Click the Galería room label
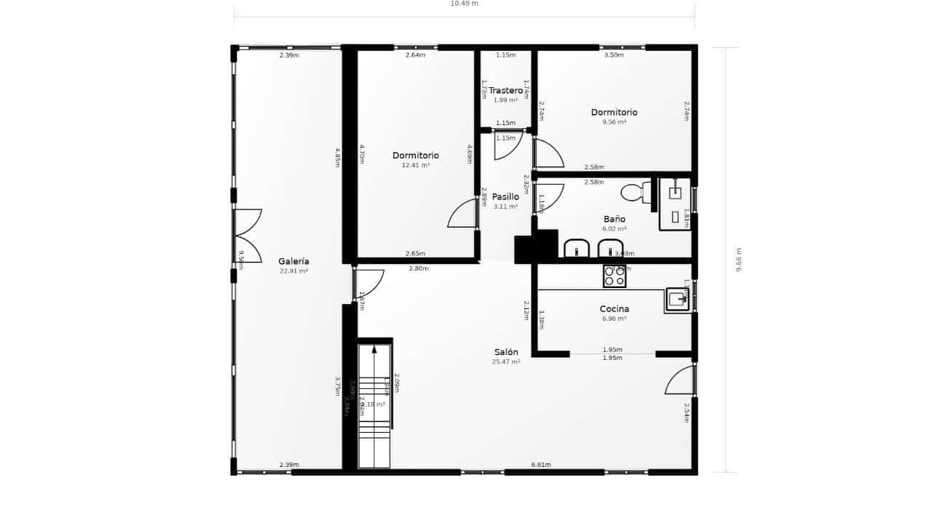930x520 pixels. (294, 261)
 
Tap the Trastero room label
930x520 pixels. (505, 91)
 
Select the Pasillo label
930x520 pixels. (505, 196)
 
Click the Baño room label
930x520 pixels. (614, 219)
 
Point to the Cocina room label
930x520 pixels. (614, 309)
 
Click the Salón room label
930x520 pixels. (506, 352)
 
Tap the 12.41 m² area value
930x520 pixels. (415, 165)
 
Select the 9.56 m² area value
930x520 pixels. (614, 122)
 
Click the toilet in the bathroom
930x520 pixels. (634, 193)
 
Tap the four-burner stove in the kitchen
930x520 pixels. (614, 276)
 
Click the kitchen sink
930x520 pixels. (678, 299)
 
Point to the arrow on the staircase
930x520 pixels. (374, 350)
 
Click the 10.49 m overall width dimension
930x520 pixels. (464, 4)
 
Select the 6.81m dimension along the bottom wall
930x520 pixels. (541, 465)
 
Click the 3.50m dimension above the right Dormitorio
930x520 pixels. (614, 55)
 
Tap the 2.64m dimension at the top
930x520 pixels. (415, 55)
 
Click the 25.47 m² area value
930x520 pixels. (506, 361)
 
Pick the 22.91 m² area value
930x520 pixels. (294, 271)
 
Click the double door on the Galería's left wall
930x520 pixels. (247, 236)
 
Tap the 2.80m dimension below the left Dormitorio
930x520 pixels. (419, 268)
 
